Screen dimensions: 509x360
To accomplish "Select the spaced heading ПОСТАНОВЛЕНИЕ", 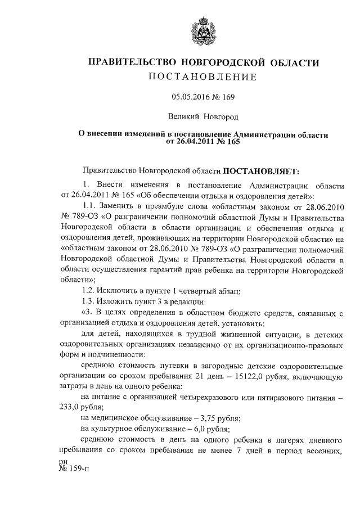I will pos(202,76).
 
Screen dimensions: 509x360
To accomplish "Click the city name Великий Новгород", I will pos(203,117).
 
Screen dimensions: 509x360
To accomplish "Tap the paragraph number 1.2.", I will pos(88,291).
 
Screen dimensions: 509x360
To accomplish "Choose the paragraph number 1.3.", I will pos(88,301).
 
